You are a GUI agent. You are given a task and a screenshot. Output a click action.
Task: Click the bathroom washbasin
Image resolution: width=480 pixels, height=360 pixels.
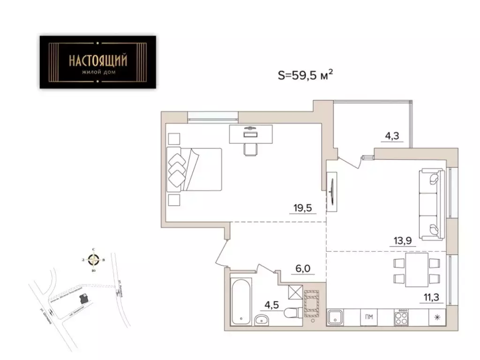[262, 320]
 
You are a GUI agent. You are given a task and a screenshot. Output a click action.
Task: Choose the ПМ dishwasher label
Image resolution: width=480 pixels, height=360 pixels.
[369, 317]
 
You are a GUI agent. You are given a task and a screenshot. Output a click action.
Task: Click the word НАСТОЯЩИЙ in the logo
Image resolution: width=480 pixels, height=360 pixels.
[97, 60]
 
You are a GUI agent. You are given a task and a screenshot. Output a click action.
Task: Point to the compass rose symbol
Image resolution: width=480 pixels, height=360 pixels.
[94, 259]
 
